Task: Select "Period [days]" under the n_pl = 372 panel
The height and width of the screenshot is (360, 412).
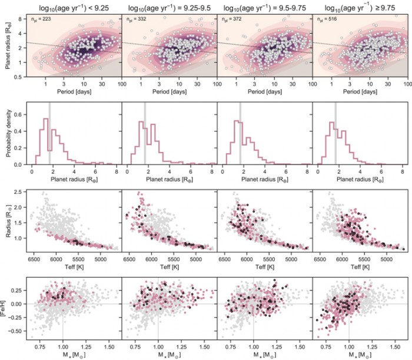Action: (265, 93)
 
